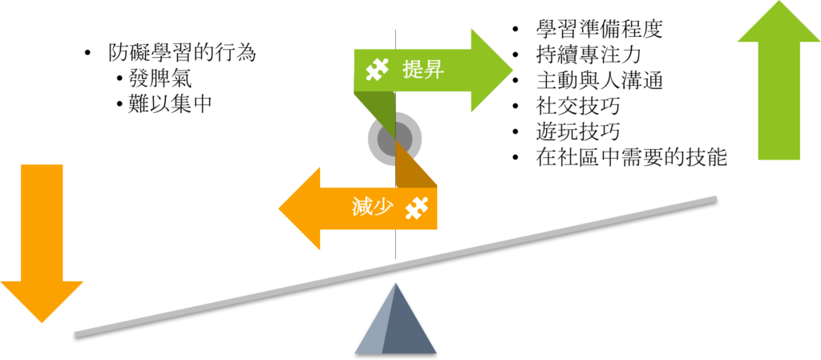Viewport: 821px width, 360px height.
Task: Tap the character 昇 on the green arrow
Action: point(433,70)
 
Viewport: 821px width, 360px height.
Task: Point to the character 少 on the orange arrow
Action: point(382,207)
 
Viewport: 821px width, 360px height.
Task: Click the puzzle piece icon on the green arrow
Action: point(377,70)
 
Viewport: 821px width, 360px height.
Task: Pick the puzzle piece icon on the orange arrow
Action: point(415,208)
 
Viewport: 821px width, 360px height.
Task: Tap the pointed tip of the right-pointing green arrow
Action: point(511,70)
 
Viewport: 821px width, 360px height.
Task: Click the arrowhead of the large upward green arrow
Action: point(779,24)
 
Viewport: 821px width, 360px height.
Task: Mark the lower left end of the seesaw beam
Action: point(78,333)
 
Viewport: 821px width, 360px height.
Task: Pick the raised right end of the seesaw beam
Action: point(714,198)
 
